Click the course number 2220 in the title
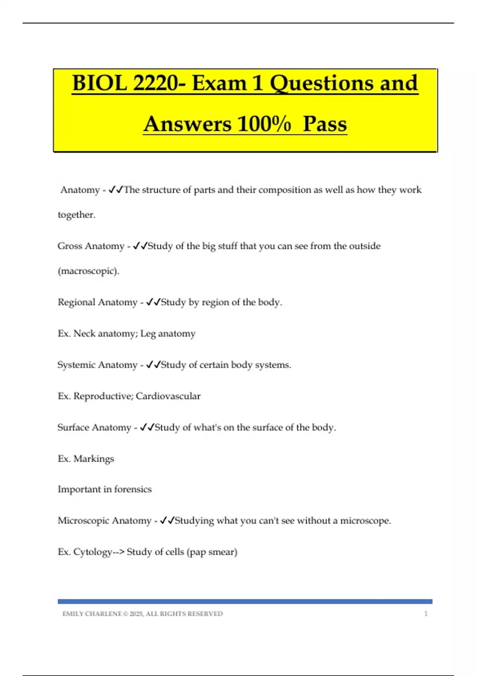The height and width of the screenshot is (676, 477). [155, 84]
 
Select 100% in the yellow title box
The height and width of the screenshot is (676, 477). [264, 124]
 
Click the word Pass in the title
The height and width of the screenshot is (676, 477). [324, 124]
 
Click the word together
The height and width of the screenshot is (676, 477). [76, 215]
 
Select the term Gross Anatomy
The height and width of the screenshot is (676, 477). [91, 246]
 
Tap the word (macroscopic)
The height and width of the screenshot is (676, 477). [88, 271]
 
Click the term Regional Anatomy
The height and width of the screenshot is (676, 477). [97, 302]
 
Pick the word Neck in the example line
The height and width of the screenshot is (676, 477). [84, 334]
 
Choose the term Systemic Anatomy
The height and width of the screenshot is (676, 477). [97, 365]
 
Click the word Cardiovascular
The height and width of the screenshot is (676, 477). [168, 396]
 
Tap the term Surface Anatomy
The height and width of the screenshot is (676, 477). [94, 427]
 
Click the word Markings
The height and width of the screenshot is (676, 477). [94, 459]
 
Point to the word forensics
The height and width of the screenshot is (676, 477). [133, 490]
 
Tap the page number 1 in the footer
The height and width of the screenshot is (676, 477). [426, 614]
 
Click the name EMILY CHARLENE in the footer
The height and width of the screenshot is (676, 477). [92, 614]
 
